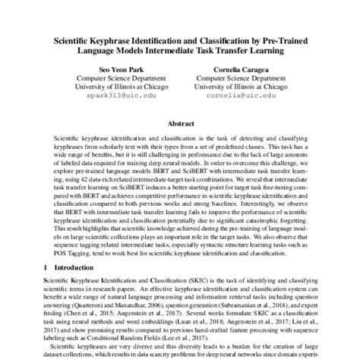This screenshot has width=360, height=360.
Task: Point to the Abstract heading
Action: click(x=180, y=122)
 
